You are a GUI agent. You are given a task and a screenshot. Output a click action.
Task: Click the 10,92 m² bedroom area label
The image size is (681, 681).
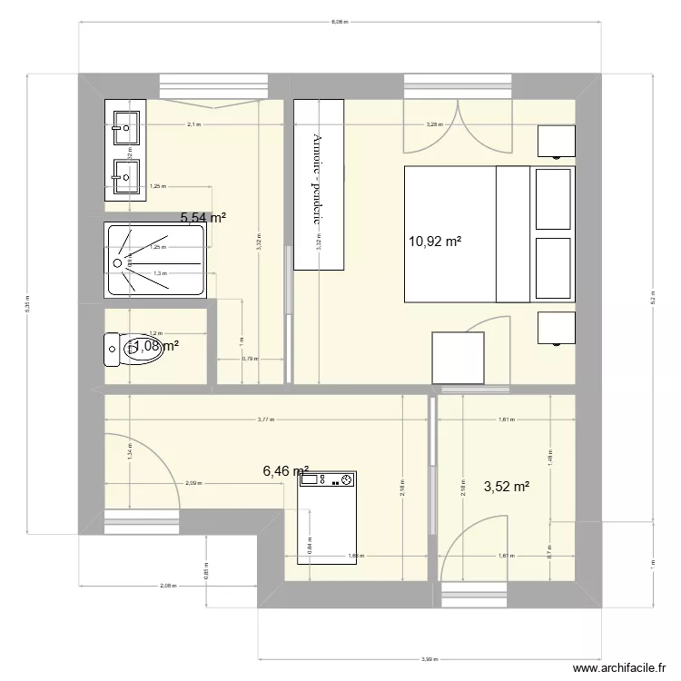pos(437,242)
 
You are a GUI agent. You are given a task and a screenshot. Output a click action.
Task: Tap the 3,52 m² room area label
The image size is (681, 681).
pos(507,487)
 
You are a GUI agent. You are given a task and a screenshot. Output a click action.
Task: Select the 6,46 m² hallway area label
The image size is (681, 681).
pos(286,470)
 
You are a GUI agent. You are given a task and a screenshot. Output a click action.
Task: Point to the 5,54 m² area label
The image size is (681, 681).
pos(203,218)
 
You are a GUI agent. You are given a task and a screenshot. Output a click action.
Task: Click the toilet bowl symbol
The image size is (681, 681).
pos(135,348)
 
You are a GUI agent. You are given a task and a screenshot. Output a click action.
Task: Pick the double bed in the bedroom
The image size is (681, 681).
pos(489,233)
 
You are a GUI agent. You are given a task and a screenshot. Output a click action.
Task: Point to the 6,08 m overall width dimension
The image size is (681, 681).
pos(340,21)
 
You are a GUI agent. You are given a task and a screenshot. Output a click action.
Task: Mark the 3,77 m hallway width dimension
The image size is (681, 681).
pos(266,419)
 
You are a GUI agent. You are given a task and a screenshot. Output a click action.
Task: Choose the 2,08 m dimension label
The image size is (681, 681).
pos(167,587)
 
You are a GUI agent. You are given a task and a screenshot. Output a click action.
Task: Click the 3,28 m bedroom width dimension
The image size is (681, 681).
pos(434,124)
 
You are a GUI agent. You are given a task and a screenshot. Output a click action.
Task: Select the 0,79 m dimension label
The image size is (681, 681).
pos(250,358)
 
